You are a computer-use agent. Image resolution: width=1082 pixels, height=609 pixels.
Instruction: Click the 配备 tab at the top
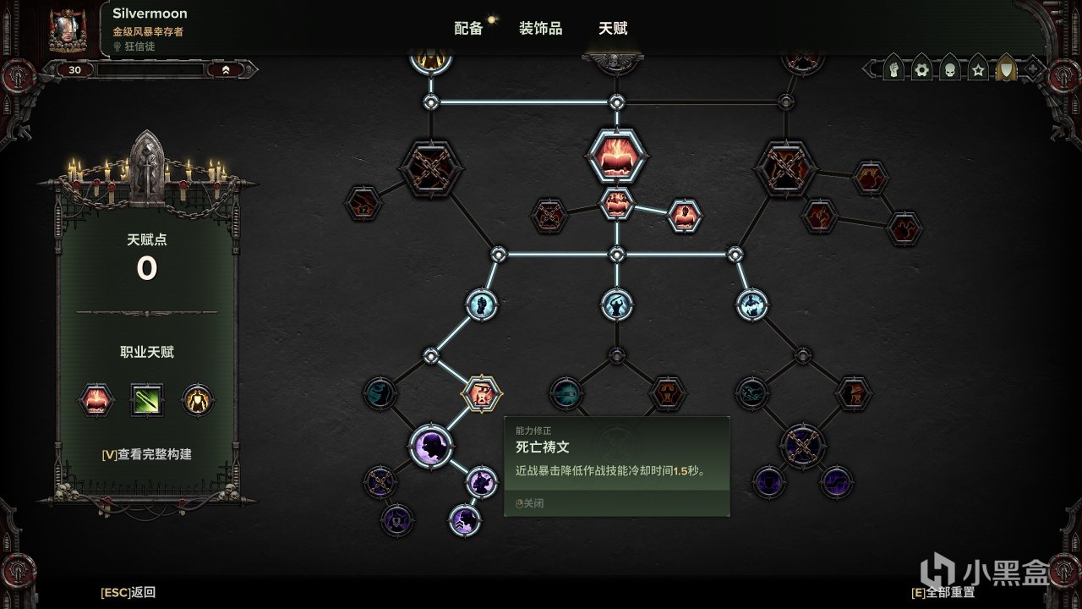click(468, 29)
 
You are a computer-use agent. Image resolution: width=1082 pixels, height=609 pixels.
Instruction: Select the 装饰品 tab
click(540, 29)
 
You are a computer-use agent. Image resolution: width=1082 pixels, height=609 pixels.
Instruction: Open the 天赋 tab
click(613, 29)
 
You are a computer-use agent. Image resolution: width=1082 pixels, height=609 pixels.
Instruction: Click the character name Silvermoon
click(150, 14)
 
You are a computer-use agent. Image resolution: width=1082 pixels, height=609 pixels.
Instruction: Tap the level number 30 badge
click(74, 70)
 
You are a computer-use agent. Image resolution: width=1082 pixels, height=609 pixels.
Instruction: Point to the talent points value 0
click(147, 268)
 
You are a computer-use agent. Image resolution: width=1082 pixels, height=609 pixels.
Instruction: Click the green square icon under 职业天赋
click(147, 400)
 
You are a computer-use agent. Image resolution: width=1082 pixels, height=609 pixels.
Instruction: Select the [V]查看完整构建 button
click(147, 454)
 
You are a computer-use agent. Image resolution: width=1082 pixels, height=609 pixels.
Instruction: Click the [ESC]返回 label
click(128, 592)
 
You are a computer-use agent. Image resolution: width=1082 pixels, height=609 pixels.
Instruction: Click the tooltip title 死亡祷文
click(543, 447)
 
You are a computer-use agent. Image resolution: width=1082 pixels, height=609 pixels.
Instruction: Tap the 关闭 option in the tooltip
click(529, 503)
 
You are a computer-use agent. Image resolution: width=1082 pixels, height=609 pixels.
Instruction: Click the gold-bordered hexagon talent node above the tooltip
click(482, 393)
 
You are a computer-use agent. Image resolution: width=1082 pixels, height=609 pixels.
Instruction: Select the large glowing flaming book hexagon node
click(616, 156)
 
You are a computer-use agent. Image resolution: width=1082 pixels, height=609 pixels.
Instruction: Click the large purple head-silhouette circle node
click(431, 446)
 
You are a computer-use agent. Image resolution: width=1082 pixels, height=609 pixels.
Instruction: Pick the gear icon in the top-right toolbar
click(921, 69)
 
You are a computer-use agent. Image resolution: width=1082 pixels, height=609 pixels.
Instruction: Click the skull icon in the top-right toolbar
click(949, 69)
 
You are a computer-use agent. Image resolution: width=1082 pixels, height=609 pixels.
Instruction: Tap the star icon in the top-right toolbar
click(978, 69)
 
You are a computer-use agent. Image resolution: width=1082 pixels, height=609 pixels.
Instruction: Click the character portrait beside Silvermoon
click(68, 30)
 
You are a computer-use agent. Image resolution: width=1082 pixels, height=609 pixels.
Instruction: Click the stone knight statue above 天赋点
click(147, 167)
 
